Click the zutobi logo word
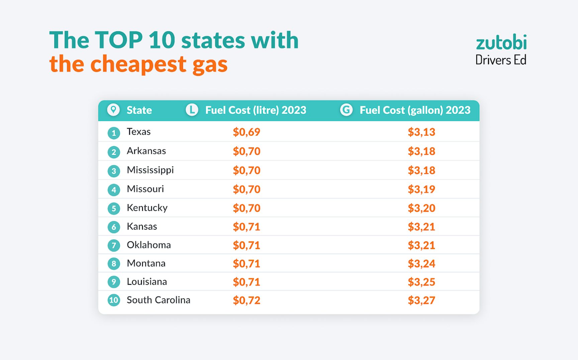tap(501, 43)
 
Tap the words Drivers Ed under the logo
tap(501, 60)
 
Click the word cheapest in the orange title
tap(138, 64)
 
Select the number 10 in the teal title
tap(162, 40)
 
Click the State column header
tap(139, 110)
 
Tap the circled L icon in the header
tap(192, 110)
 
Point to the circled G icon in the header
tap(346, 110)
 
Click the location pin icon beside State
tap(113, 110)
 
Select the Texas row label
tap(138, 132)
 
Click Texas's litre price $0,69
tap(247, 132)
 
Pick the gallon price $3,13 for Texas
tap(421, 132)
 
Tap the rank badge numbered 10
tap(114, 300)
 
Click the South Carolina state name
tap(158, 300)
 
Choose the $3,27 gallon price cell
tap(421, 301)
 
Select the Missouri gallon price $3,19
tap(421, 190)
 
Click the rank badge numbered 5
tap(114, 209)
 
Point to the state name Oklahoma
tap(149, 245)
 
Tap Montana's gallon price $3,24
tap(421, 264)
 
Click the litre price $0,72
tap(247, 301)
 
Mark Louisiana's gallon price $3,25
tap(421, 282)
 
